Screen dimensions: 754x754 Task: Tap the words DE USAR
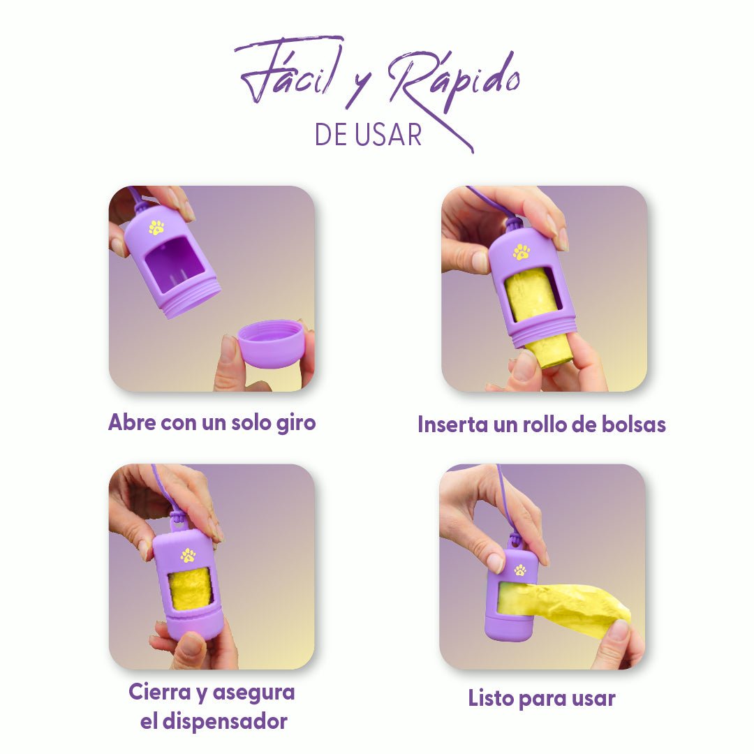[368, 135]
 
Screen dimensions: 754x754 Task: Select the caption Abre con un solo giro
[212, 422]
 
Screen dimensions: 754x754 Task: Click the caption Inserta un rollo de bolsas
[541, 424]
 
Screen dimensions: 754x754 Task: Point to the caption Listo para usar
[541, 698]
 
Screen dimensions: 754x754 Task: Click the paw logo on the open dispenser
[156, 228]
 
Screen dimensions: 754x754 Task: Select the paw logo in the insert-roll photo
[522, 252]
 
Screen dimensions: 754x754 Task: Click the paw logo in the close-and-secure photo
[188, 555]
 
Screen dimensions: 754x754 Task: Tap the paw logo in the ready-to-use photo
[520, 570]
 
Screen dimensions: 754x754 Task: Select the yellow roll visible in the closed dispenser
[189, 587]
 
